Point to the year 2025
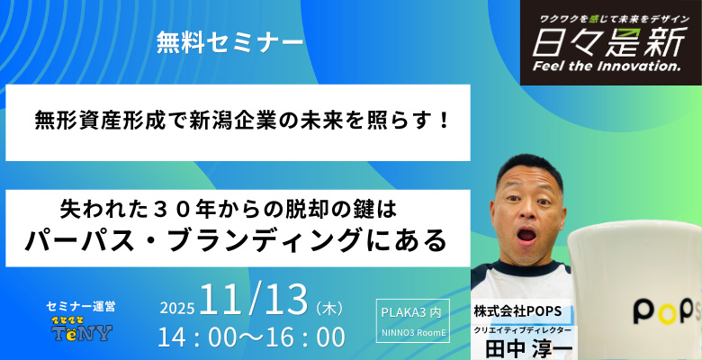pyautogui.click(x=177, y=308)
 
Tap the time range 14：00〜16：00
pyautogui.click(x=251, y=338)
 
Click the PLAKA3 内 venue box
pyautogui.click(x=410, y=312)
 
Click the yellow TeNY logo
pyautogui.click(x=81, y=332)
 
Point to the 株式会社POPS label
pyautogui.click(x=517, y=310)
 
